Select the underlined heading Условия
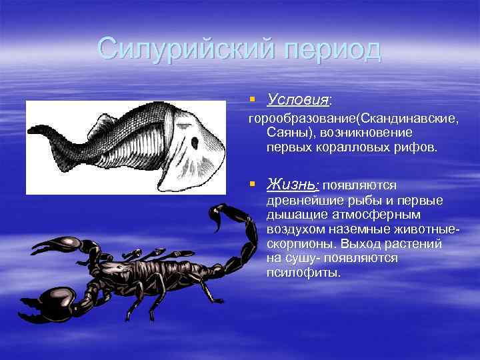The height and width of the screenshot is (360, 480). click(298, 100)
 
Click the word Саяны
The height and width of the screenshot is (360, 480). click(287, 133)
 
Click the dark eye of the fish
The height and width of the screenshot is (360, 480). click(195, 142)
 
